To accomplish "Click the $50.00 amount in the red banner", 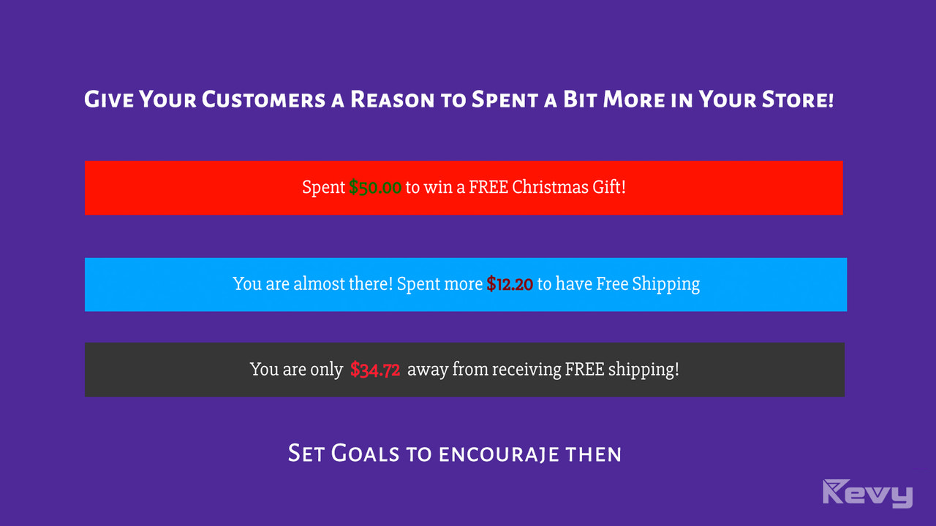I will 375,188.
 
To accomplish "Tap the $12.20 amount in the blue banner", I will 510,284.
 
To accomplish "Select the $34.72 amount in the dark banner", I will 375,370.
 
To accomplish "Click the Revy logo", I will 868,493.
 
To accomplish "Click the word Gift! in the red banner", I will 609,187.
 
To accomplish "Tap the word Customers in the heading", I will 263,99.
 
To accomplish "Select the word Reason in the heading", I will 393,99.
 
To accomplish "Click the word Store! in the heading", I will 798,99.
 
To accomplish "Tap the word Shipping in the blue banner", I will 665,284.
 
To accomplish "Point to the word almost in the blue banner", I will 318,283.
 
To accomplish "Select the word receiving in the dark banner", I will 526,370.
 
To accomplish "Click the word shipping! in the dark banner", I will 643,370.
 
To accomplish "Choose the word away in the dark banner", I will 428,370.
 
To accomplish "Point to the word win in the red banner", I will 439,187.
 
